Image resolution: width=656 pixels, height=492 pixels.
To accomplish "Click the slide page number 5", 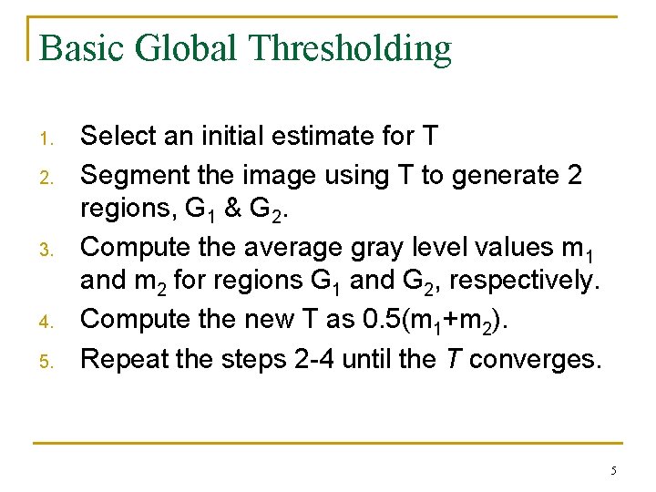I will pos(613,470).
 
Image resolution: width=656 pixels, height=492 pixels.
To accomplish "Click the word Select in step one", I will pos(118,137).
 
